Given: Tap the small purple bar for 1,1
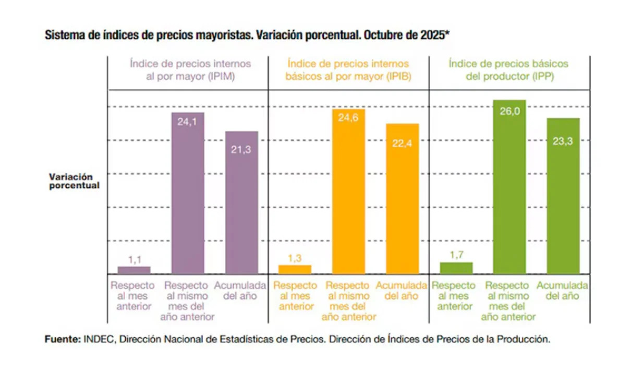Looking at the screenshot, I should point(134,270).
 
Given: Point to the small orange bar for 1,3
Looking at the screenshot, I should point(295,269).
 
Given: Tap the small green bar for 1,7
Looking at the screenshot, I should point(456,268).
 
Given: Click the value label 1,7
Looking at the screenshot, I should point(456,255).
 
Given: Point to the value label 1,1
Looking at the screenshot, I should point(134,259).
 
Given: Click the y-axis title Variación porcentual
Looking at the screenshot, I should point(74,181).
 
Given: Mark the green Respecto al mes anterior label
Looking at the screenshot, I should point(454,296).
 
